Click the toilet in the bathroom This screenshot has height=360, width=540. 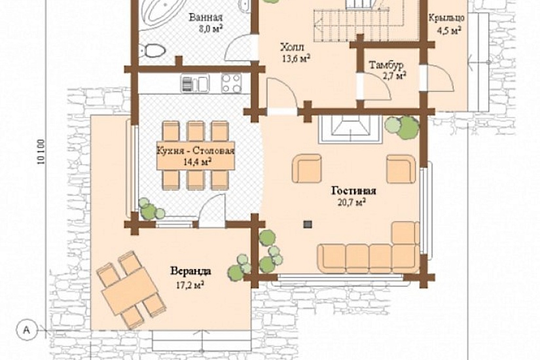click(x=153, y=50)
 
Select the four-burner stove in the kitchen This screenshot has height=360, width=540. click(x=232, y=83)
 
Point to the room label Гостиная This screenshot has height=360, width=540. click(x=353, y=190)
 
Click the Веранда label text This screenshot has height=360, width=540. click(x=190, y=271)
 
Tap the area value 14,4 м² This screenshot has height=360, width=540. click(x=197, y=162)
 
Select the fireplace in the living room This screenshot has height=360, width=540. click(x=351, y=129)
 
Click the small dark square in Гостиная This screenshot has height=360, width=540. click(x=308, y=225)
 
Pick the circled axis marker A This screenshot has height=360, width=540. click(x=27, y=331)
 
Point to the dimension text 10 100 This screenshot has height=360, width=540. click(x=41, y=152)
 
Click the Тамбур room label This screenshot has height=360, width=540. click(x=386, y=65)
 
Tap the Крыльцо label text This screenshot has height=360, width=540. click(x=446, y=18)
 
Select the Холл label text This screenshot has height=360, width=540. click(x=292, y=47)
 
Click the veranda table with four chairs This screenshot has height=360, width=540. click(x=131, y=290)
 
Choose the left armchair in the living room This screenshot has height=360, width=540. click(x=307, y=168)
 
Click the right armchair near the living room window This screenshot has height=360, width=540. click(x=401, y=169)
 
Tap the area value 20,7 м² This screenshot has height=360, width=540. click(x=351, y=202)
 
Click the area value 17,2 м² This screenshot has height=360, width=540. click(x=189, y=285)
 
